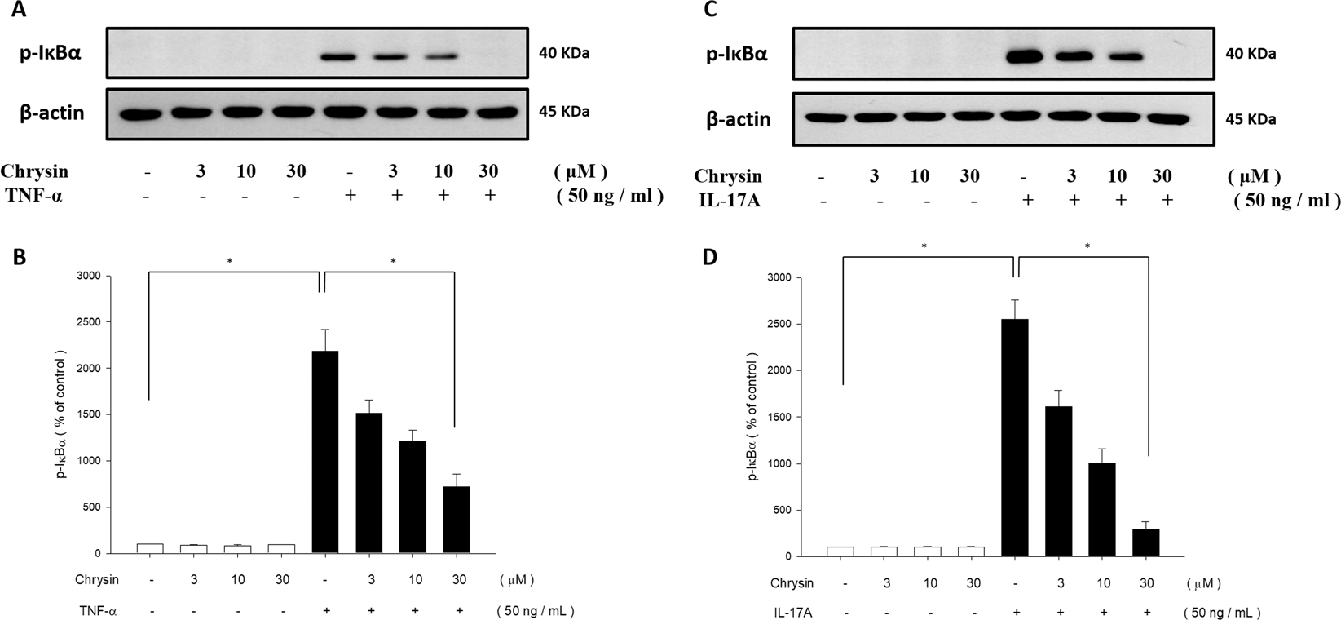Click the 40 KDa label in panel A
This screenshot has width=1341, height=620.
pyautogui.click(x=563, y=54)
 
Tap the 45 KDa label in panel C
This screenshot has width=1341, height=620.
pyautogui.click(x=1252, y=119)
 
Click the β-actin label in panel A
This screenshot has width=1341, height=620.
pyautogui.click(x=52, y=112)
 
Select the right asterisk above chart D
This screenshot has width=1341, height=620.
pyautogui.click(x=1086, y=246)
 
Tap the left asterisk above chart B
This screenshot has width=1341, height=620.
pyautogui.click(x=231, y=262)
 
